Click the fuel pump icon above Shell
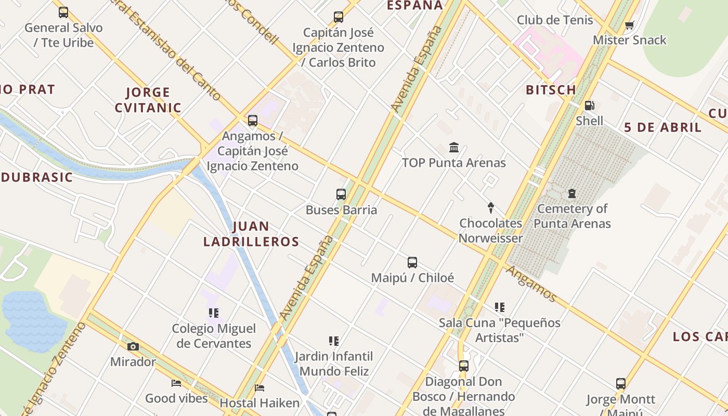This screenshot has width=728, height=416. (589, 106)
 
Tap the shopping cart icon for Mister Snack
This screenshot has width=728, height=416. (629, 25)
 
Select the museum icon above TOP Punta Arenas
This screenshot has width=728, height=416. (454, 148)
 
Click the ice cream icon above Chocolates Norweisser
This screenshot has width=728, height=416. (490, 208)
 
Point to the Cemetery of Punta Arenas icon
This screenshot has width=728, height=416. (572, 193)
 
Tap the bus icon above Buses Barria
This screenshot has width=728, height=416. (341, 194)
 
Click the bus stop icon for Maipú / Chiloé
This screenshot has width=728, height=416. (412, 263)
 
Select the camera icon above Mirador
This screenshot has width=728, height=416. (133, 346)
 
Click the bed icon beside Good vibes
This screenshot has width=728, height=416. (176, 383)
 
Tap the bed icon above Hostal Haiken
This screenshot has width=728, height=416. (259, 387)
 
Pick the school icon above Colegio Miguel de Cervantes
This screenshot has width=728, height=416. (214, 313)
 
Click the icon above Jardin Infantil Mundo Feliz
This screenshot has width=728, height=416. (334, 341)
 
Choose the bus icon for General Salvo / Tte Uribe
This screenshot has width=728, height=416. (63, 12)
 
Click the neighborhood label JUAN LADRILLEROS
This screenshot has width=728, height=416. (251, 234)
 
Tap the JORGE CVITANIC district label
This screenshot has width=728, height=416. (148, 100)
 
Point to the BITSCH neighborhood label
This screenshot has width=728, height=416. (551, 90)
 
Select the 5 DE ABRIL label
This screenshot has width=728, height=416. (662, 127)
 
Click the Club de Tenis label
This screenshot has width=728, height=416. (555, 20)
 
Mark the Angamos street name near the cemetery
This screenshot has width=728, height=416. (531, 284)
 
